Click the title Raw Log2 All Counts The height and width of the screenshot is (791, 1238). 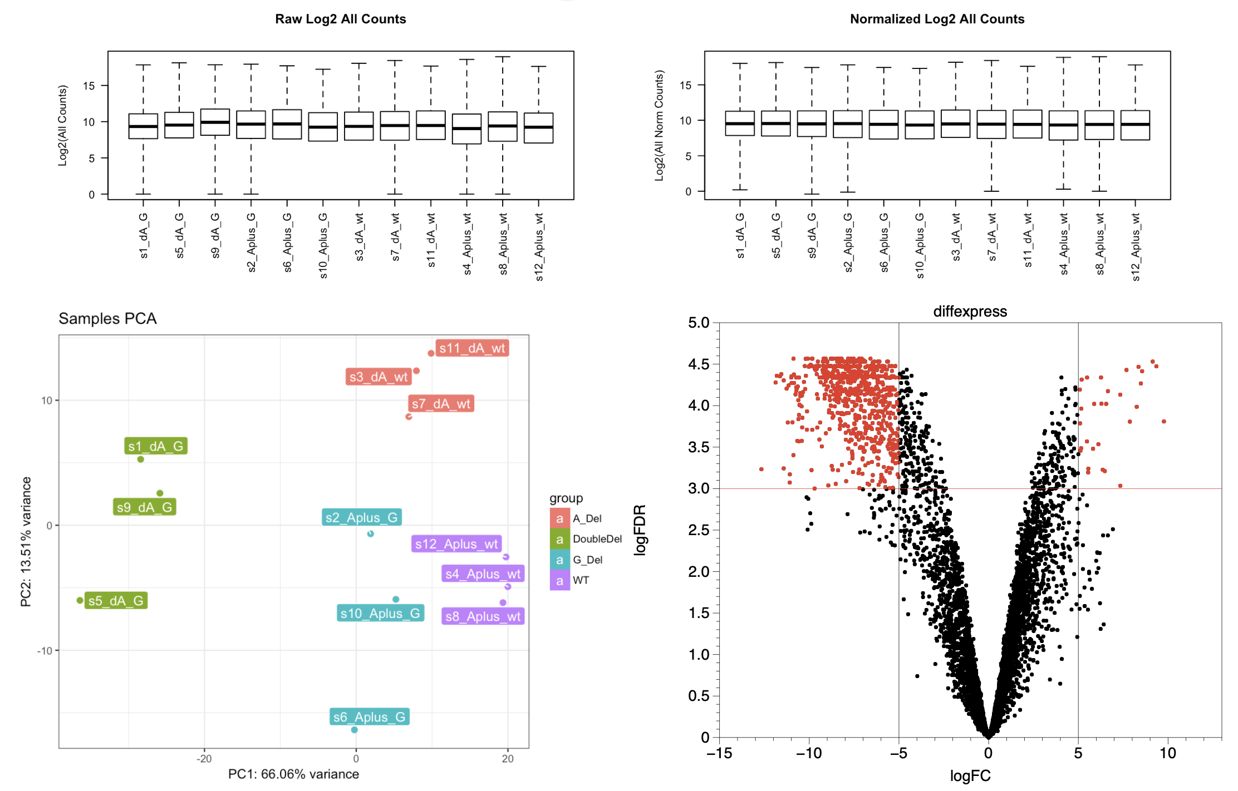coord(340,19)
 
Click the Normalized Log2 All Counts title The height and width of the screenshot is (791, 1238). coord(937,19)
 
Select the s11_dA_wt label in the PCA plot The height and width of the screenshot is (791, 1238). coord(472,348)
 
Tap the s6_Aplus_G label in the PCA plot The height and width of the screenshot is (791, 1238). coord(369,717)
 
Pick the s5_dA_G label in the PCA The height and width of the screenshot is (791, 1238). coord(116,601)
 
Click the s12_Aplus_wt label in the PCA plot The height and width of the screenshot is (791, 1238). coord(456,544)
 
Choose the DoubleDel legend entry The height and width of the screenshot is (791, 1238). coord(597,539)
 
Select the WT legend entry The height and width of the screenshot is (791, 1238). coord(581,580)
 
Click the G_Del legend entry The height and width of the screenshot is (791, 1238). coord(587,560)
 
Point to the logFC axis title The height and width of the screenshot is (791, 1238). coord(970,776)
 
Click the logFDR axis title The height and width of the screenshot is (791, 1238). coord(640,530)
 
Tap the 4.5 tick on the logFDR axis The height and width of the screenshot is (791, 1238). coord(699,364)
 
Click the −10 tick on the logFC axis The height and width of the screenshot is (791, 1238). coord(808,754)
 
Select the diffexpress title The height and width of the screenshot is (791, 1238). coord(970,312)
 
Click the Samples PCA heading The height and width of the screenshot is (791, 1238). coord(107,319)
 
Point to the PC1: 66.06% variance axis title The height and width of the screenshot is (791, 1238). coord(293,774)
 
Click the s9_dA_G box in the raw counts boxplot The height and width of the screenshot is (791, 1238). coord(215,122)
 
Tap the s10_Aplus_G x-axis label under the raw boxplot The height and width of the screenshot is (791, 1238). coord(323,245)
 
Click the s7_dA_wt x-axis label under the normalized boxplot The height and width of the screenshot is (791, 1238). coord(991,237)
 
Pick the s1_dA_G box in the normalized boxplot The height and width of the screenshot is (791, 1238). coord(740,123)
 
